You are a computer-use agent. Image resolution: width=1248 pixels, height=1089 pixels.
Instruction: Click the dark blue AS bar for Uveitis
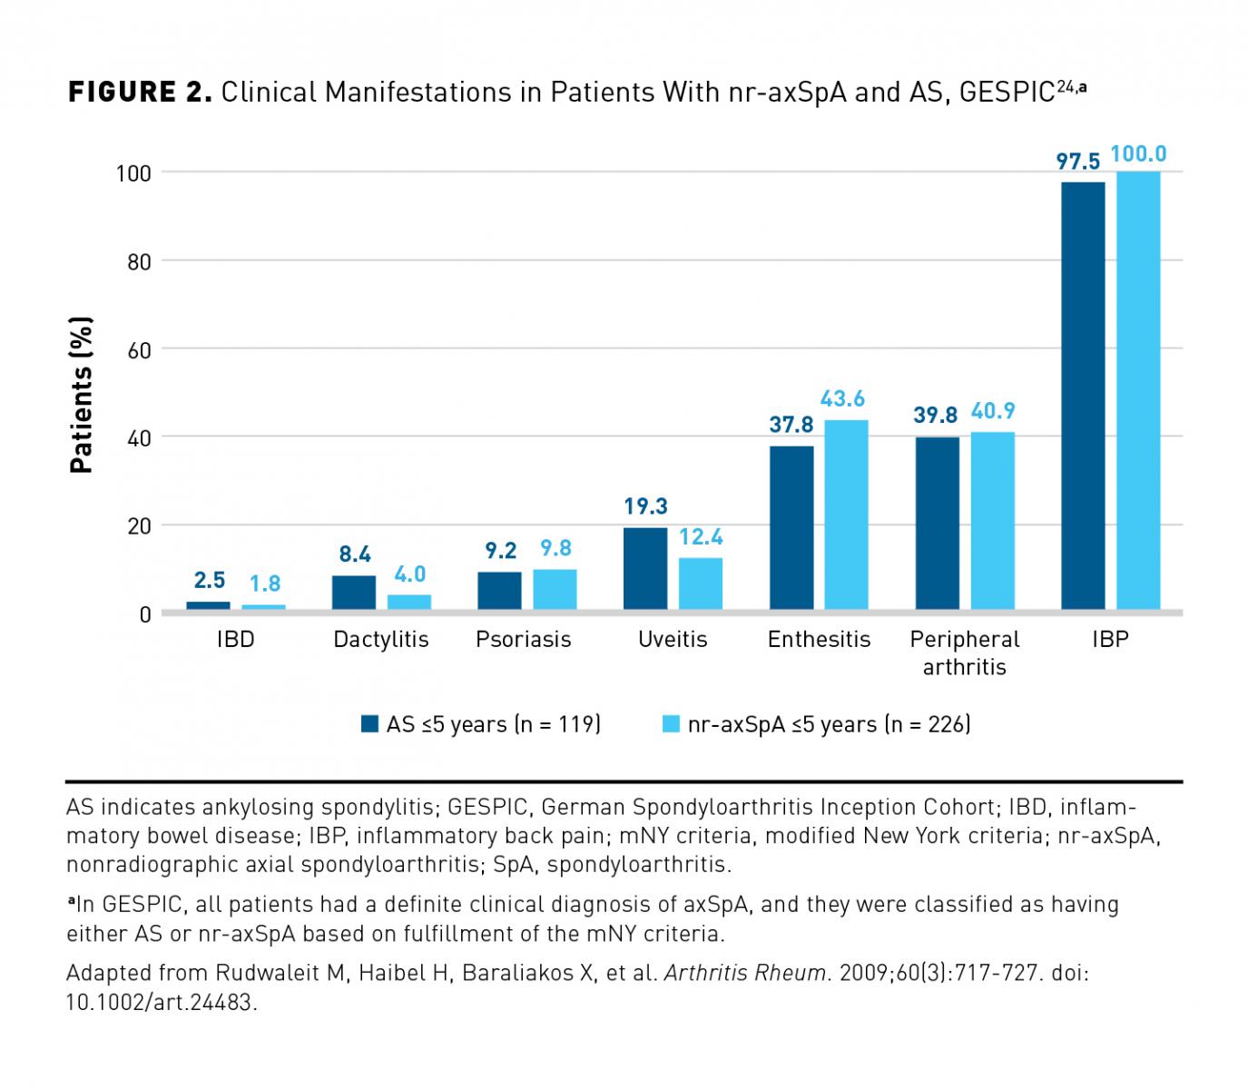click(x=645, y=568)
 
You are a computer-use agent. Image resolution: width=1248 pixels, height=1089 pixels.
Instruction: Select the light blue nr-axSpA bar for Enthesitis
click(x=846, y=515)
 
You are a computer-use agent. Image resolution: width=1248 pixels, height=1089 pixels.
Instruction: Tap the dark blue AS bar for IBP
click(x=1083, y=395)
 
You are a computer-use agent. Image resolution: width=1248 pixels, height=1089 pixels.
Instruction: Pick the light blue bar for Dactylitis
click(x=408, y=602)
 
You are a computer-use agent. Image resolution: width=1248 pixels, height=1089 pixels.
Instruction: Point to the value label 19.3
click(x=645, y=506)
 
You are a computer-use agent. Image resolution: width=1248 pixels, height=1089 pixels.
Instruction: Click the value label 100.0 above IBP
click(x=1138, y=154)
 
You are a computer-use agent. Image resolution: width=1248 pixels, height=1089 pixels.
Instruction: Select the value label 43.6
click(x=843, y=398)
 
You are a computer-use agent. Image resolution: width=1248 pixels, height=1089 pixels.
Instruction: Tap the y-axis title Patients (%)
click(x=82, y=395)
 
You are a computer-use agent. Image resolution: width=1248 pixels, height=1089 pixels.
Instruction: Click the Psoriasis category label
click(x=524, y=640)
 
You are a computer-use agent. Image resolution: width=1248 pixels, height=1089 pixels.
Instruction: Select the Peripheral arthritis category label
click(x=965, y=653)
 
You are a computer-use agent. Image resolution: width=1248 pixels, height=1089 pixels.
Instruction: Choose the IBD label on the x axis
click(x=235, y=640)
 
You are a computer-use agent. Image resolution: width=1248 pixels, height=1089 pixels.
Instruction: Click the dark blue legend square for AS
click(x=369, y=724)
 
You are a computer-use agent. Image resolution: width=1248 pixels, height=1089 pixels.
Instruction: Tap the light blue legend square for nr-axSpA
click(x=671, y=724)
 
